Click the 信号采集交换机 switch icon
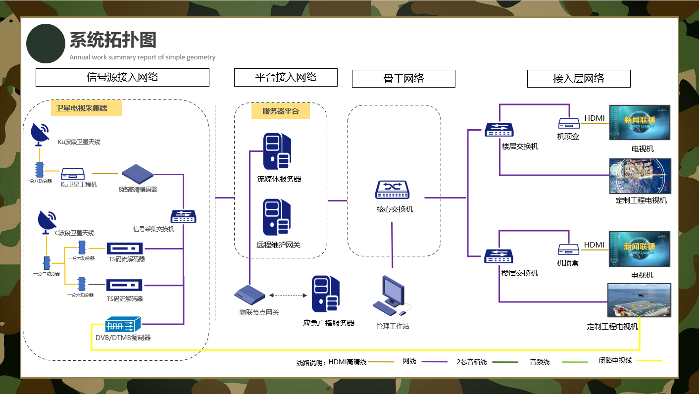click(x=183, y=217)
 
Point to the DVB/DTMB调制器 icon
click(x=123, y=324)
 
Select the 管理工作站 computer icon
click(x=391, y=296)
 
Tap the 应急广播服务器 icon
click(x=326, y=295)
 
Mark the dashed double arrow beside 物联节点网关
click(x=288, y=295)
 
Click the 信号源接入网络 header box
click(x=122, y=77)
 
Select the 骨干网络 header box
click(x=403, y=79)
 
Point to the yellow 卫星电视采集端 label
click(x=86, y=108)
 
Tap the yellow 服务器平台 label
click(x=280, y=111)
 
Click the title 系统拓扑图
click(x=113, y=40)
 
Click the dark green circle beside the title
click(x=46, y=44)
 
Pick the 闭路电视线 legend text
click(x=615, y=361)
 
